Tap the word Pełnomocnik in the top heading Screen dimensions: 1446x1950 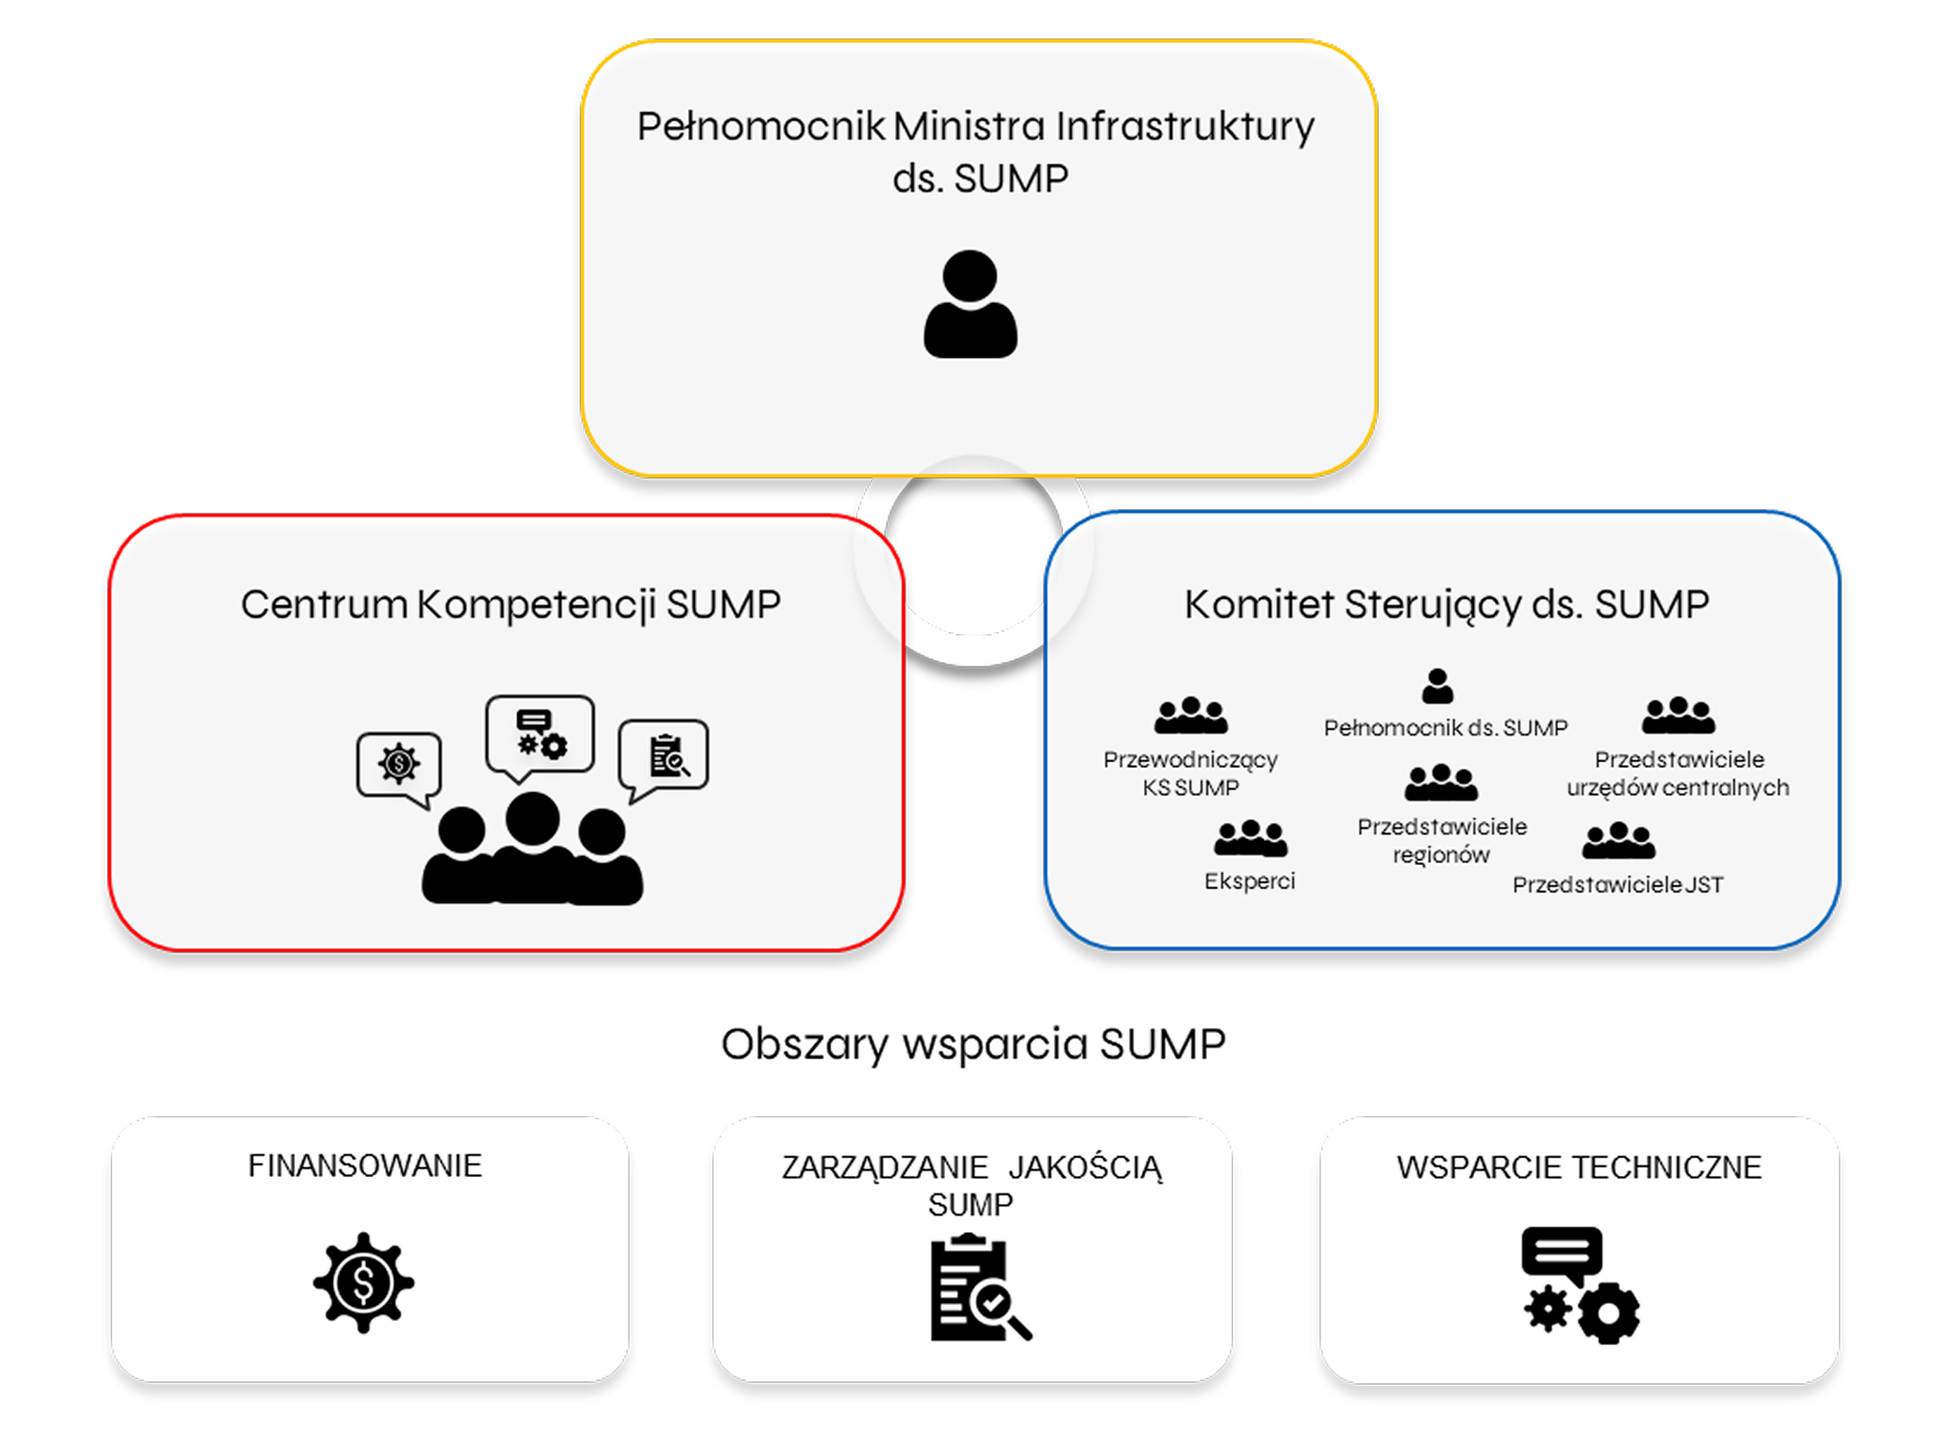click(761, 126)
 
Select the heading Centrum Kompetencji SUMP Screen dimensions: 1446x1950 click(510, 604)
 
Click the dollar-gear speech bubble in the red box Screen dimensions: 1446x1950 click(398, 766)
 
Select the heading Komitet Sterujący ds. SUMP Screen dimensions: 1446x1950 click(1446, 604)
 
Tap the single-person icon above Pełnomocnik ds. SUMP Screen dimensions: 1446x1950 click(1437, 686)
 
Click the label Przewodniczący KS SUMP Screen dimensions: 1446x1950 click(1190, 773)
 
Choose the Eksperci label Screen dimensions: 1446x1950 click(1249, 881)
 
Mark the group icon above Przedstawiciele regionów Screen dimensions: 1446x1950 click(1441, 782)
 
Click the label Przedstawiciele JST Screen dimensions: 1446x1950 click(1617, 885)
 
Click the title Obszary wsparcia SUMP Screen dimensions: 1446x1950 click(973, 1045)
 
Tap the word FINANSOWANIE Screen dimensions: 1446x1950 click(365, 1165)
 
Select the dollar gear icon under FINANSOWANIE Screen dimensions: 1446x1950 click(363, 1282)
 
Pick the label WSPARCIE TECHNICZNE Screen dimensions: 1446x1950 click(1579, 1167)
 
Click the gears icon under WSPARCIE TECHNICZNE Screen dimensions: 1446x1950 click(1580, 1286)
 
